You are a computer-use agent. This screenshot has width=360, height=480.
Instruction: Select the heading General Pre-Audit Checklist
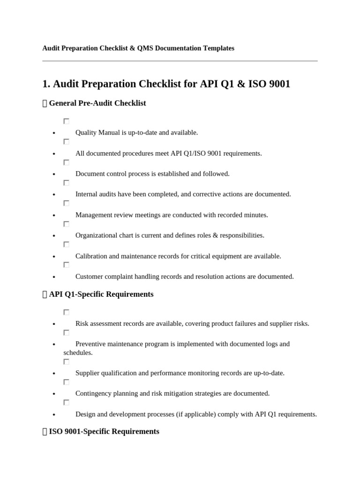pos(97,103)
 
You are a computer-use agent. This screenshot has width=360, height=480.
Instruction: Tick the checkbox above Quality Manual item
pos(67,121)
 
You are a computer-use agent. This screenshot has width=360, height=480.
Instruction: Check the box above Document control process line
pos(67,163)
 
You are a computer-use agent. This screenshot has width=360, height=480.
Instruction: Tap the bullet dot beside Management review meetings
pos(54,216)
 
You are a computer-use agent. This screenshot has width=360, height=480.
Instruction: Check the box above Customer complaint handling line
pos(67,265)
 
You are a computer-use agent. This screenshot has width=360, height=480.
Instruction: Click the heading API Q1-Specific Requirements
pos(101,294)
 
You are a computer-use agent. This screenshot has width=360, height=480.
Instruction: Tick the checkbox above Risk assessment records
pos(67,312)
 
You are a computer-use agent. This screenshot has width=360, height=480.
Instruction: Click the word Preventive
pos(91,344)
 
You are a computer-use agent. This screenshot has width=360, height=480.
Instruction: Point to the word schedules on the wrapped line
pos(78,352)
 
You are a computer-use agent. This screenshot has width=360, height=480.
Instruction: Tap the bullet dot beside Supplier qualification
pos(54,374)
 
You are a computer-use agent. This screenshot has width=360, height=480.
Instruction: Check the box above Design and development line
pos(67,403)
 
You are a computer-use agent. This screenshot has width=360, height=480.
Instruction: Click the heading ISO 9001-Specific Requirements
pos(104,431)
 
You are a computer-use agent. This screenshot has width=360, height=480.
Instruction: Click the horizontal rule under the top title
pos(180,61)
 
